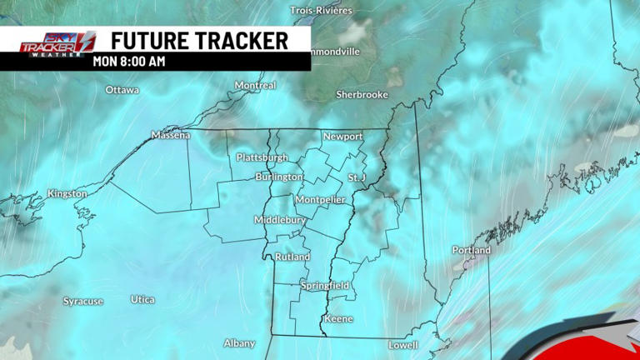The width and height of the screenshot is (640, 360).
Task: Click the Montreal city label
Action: tap(255, 86)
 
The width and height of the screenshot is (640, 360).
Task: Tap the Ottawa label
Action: tap(122, 90)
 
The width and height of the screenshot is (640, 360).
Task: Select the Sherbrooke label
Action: tap(362, 95)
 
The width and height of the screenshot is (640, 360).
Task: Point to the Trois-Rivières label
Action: tap(321, 11)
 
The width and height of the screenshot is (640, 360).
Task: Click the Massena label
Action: tap(171, 135)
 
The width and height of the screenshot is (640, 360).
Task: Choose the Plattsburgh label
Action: tap(262, 157)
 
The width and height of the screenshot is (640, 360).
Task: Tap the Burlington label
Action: tap(279, 177)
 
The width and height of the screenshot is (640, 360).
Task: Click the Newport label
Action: tap(343, 137)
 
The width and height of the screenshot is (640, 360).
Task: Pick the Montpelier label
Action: tap(321, 200)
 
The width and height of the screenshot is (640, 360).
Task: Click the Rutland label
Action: tap(292, 257)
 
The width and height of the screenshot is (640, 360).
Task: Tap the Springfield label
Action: tap(325, 286)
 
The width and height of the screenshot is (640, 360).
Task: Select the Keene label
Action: tap(338, 319)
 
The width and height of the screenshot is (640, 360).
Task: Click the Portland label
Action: tap(472, 250)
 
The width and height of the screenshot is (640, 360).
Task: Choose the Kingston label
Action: tap(67, 194)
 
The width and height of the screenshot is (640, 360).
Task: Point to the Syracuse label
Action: tap(83, 301)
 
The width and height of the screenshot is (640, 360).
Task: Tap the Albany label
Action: tap(239, 343)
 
